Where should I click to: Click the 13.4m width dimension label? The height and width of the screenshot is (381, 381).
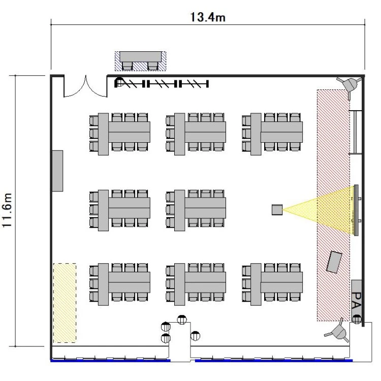(x=208, y=17)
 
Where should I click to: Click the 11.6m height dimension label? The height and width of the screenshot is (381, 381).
(x=7, y=210)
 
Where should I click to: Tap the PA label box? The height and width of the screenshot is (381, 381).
(x=357, y=300)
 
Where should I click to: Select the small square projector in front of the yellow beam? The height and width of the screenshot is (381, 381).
(x=277, y=210)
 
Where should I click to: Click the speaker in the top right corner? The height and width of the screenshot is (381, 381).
(x=351, y=85)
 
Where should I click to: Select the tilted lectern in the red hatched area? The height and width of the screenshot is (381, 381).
(x=334, y=262)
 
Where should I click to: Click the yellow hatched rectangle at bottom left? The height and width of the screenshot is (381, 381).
(x=65, y=303)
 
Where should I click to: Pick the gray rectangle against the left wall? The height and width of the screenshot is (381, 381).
(x=57, y=171)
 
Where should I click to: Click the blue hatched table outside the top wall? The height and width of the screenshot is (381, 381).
(x=140, y=61)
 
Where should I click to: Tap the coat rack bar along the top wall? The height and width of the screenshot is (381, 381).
(x=162, y=84)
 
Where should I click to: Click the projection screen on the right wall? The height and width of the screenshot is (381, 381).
(x=356, y=210)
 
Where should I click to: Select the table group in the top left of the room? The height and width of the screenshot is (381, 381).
(x=120, y=134)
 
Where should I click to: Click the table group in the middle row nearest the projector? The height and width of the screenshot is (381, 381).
(x=196, y=210)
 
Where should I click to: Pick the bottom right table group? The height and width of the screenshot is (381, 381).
(x=272, y=284)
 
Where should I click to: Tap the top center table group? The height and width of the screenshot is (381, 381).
(x=196, y=134)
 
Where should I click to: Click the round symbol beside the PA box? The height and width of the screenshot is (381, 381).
(x=357, y=319)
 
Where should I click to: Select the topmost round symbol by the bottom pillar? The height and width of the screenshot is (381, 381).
(x=182, y=320)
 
